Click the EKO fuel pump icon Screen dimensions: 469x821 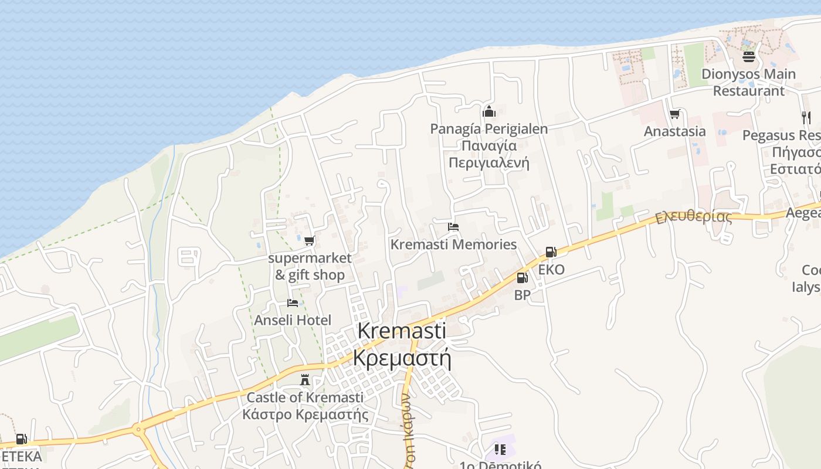(551, 252)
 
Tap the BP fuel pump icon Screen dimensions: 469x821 (522, 278)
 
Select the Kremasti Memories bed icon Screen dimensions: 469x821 (453, 227)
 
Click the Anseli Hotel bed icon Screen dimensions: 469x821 (293, 303)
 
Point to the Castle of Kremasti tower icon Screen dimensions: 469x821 (304, 380)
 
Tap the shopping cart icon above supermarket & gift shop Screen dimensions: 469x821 (309, 240)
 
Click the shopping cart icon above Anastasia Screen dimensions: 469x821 (674, 114)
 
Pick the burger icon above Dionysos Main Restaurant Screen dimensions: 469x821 (748, 57)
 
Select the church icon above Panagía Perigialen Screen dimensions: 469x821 (488, 111)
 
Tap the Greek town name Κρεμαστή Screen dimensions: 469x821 (402, 357)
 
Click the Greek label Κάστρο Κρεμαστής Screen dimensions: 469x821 (305, 414)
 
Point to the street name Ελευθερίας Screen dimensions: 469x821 (694, 216)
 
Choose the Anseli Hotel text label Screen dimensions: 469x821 (293, 320)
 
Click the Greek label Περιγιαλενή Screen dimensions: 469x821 (488, 162)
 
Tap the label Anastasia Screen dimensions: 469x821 (674, 131)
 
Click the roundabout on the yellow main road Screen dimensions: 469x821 (139, 430)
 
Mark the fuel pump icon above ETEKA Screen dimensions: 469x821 (21, 439)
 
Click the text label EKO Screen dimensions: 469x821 (551, 270)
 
